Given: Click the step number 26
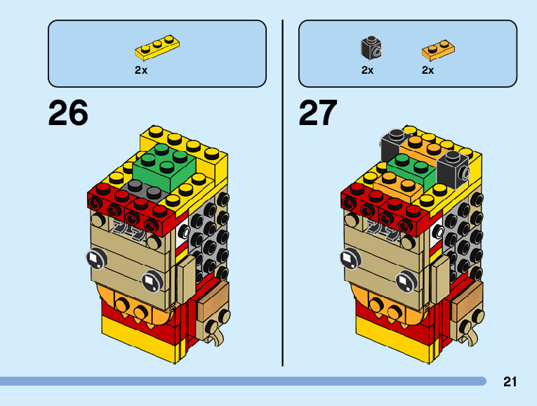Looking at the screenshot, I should click(68, 113).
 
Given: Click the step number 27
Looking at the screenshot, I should click(318, 113).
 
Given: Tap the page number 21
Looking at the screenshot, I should click(510, 382).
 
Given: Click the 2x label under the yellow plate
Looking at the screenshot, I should click(141, 70).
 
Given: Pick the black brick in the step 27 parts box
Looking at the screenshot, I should click(371, 48).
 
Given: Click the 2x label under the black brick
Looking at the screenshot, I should click(367, 70).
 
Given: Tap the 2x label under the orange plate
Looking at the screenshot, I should click(427, 70).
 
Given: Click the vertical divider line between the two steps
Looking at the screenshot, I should click(282, 190).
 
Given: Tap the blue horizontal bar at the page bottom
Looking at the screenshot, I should click(242, 381).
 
